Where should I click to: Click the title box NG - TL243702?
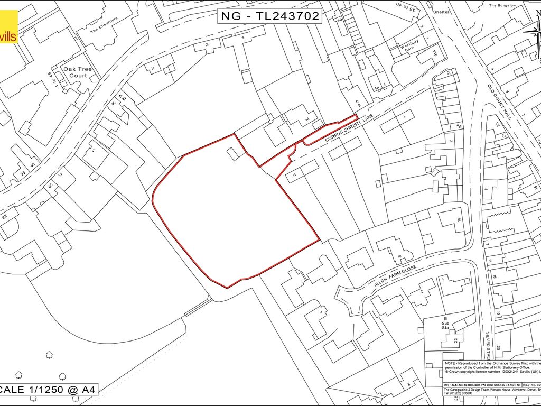pyautogui.click(x=269, y=16)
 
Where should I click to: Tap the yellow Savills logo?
pyautogui.click(x=8, y=26)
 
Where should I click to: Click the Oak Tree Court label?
pyautogui.click(x=74, y=72)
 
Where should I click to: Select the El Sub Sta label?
pyautogui.click(x=445, y=323)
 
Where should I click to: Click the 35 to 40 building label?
pyautogui.click(x=404, y=11)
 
